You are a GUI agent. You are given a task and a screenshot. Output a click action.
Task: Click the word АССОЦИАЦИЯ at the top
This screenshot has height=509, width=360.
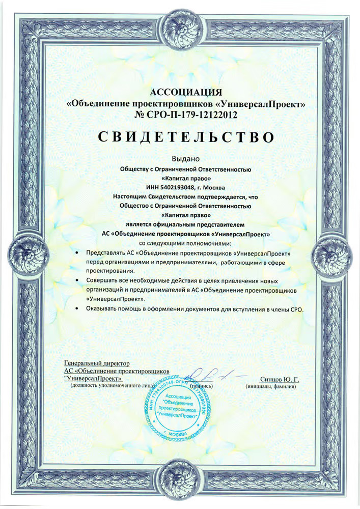tap(187, 92)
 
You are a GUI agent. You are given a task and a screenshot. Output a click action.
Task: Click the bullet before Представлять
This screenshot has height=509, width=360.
tap(76, 253)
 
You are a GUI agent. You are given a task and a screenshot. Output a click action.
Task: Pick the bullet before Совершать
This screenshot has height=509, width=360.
tap(76, 281)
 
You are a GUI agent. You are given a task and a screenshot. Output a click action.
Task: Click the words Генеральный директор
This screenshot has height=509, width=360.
tap(97, 363)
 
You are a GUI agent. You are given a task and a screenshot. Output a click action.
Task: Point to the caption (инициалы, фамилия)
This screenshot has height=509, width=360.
tap(270, 386)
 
